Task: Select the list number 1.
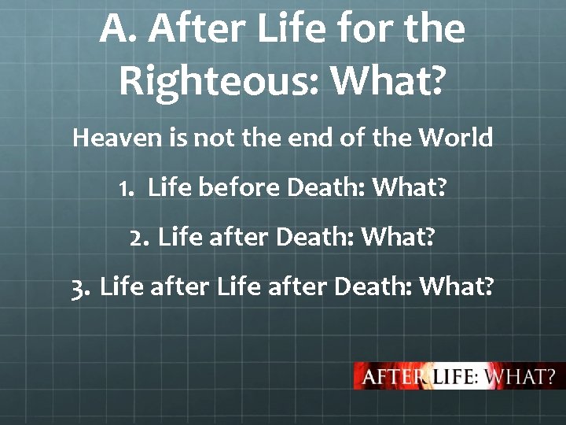click(126, 188)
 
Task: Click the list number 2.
click(138, 238)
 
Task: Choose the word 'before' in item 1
click(233, 188)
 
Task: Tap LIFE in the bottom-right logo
click(454, 376)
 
